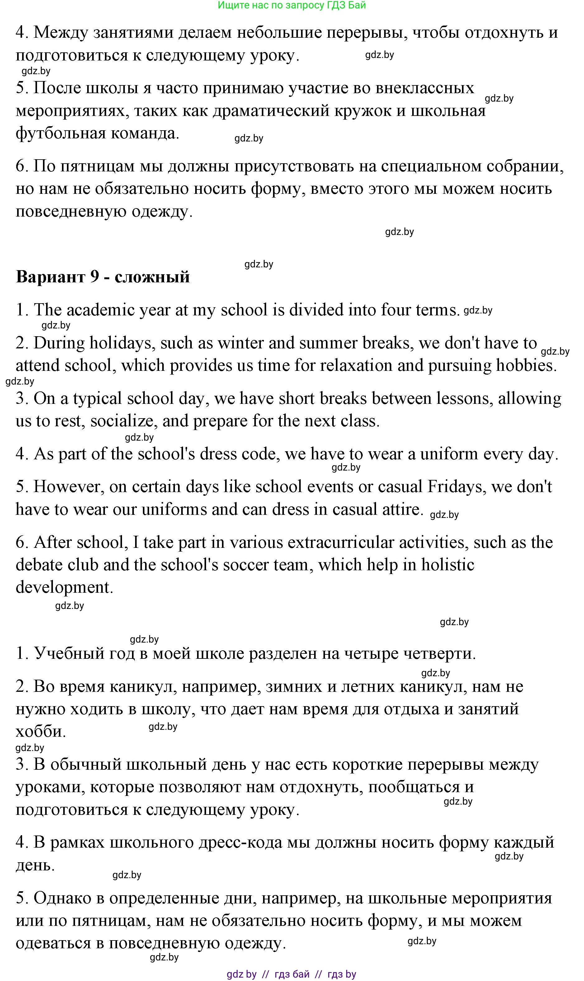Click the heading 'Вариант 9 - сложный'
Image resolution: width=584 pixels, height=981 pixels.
click(103, 277)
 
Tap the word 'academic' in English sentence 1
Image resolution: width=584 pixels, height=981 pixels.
click(101, 310)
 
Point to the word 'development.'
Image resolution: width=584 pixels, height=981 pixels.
click(64, 587)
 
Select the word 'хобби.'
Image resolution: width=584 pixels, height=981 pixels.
click(40, 731)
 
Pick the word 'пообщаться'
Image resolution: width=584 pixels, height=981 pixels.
click(414, 787)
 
